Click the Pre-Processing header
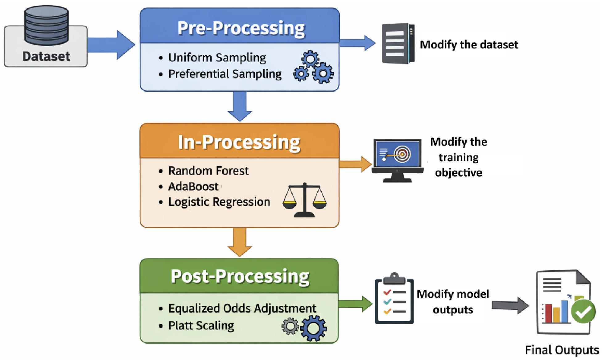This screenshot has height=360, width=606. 241,28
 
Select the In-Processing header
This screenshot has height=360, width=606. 239,143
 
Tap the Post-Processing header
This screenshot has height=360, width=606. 240,276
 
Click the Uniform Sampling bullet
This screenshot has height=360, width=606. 217,58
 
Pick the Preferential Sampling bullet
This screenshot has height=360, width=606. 225,74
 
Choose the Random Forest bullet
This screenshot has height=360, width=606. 208,171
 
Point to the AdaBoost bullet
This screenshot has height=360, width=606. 193,186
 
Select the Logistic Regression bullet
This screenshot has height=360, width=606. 219,202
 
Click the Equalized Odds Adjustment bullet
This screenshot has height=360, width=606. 242,308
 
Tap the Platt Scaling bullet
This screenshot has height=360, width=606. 201,325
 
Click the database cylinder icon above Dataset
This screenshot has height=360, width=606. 46,25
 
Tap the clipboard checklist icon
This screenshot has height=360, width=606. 394,299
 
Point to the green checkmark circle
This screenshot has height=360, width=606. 583,312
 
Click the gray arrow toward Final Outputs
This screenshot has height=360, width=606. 510,305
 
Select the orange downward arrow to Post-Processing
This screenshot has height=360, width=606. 240,242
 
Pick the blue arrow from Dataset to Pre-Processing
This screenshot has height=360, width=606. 111,45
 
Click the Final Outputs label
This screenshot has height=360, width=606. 562,350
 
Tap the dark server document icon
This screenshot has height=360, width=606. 398,43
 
